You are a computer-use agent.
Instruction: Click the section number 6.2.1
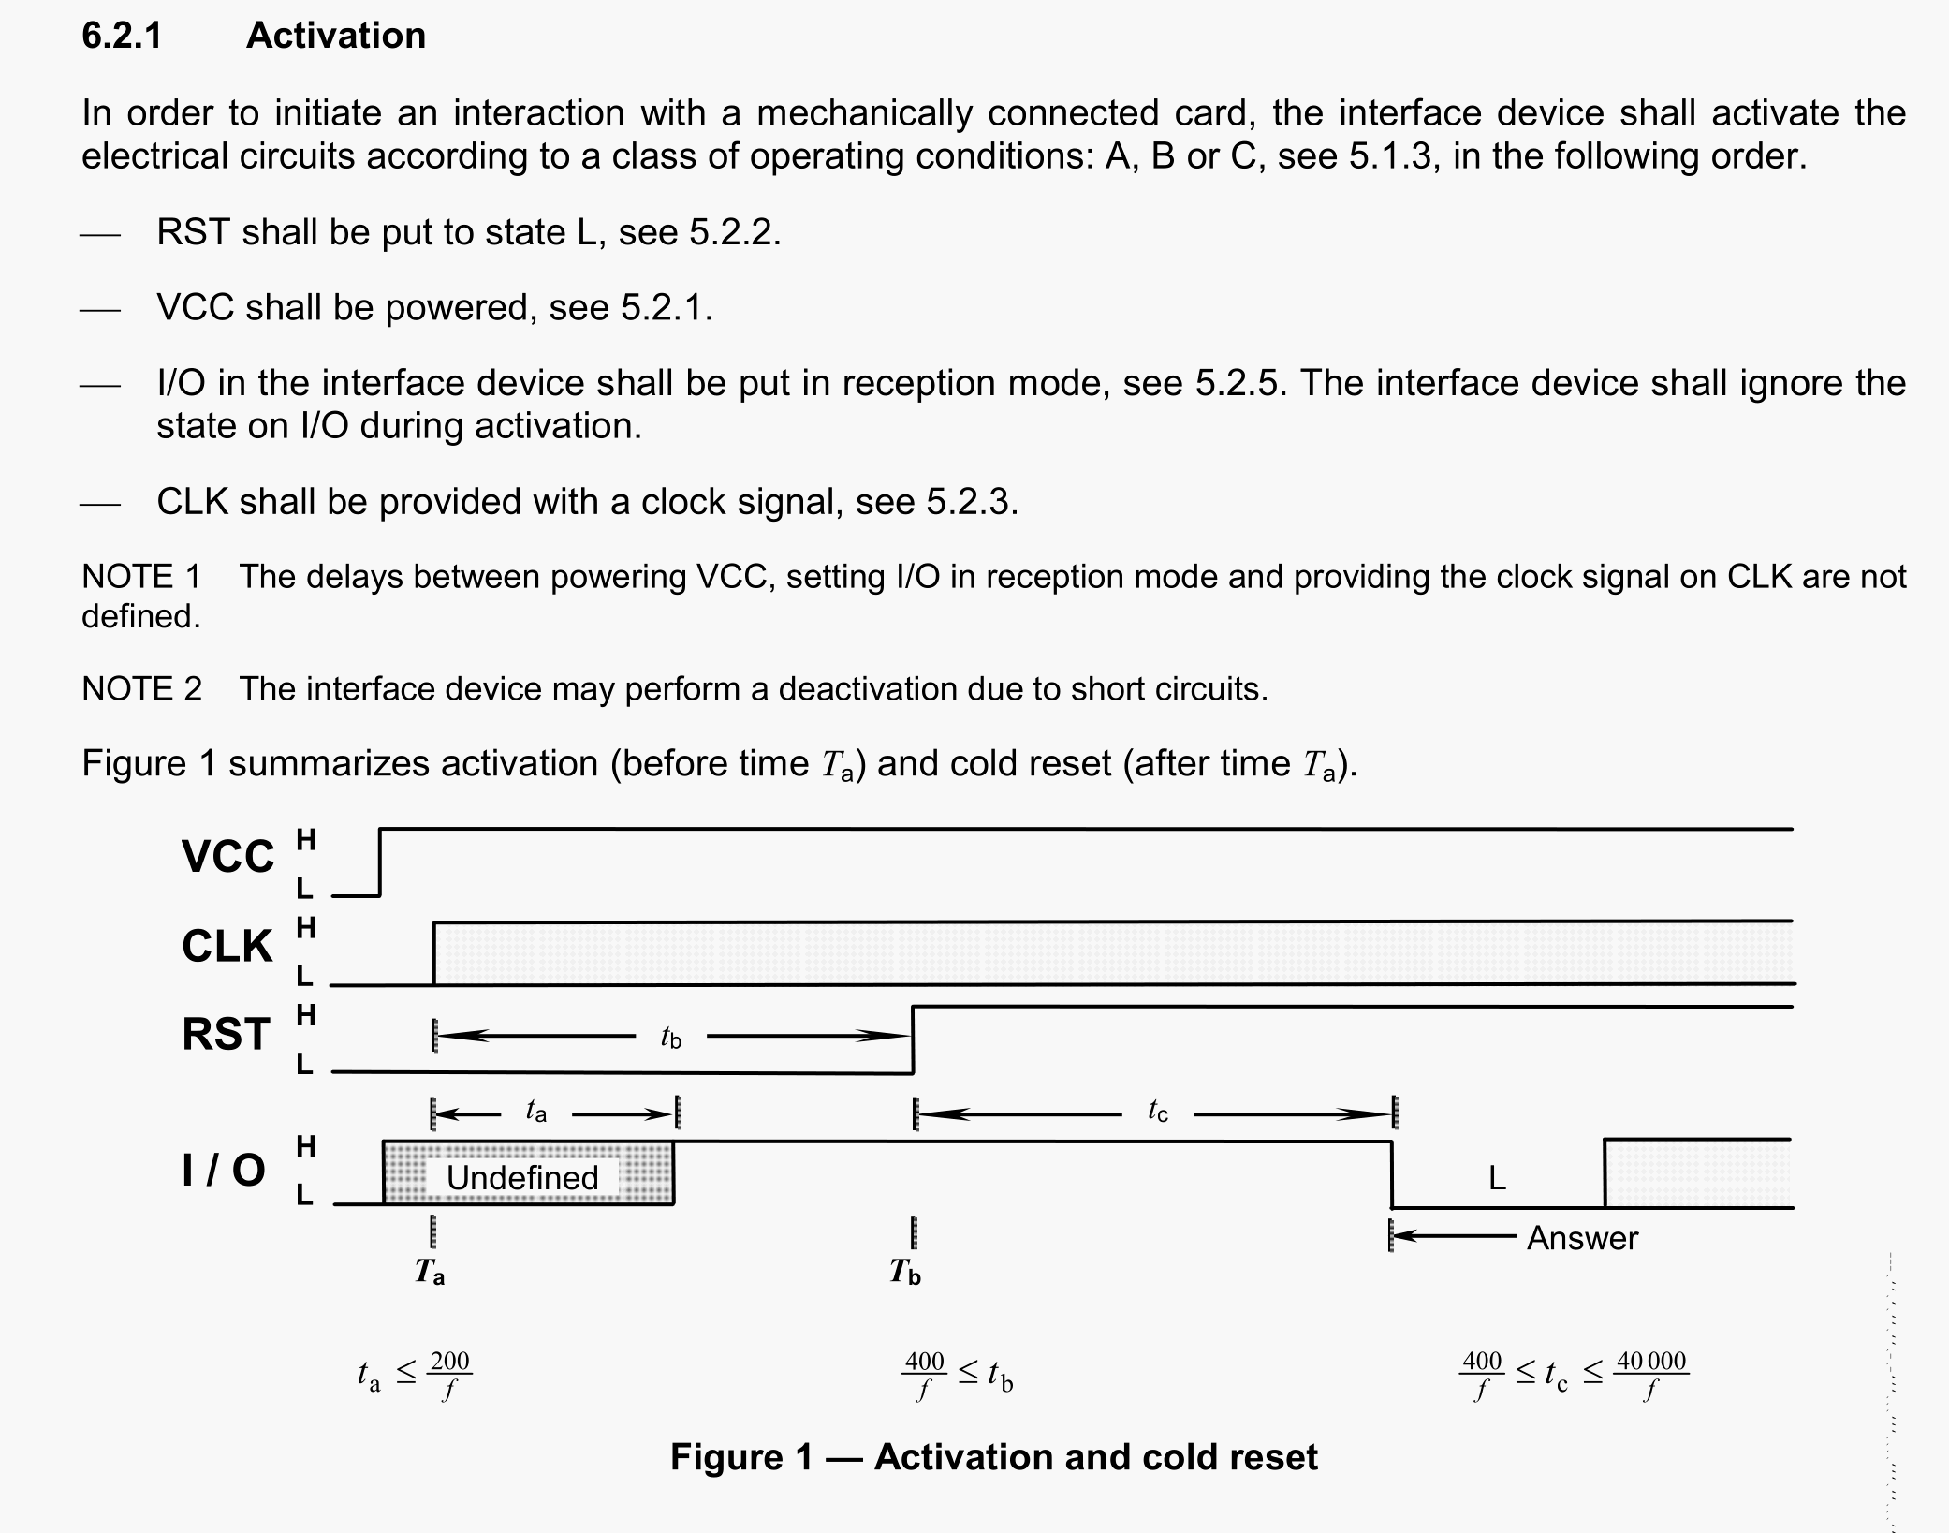[122, 36]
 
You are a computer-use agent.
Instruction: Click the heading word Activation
[335, 36]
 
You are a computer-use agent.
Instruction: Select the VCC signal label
[227, 856]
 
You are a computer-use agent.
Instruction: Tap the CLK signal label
[227, 946]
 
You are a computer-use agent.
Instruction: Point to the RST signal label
[227, 1035]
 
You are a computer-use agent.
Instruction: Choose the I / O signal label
[224, 1170]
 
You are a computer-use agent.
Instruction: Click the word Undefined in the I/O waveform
[521, 1177]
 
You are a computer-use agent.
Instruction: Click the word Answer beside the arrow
[1582, 1238]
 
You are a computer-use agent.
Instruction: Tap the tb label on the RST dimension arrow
[670, 1037]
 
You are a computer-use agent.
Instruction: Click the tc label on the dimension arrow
[1157, 1112]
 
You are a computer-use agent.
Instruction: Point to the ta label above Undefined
[535, 1112]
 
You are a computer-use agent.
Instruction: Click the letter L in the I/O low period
[1497, 1178]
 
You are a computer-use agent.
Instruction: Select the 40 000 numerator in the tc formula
[1651, 1361]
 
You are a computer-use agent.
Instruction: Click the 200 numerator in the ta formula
[449, 1361]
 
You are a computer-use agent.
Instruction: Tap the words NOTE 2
[141, 689]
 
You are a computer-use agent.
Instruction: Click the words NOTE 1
[141, 577]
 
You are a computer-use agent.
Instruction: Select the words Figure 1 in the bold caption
[741, 1457]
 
